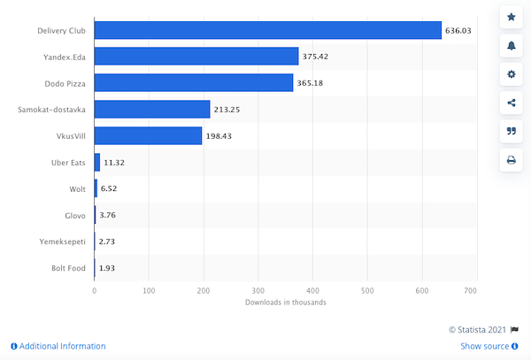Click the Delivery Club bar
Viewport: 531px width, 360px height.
click(x=267, y=30)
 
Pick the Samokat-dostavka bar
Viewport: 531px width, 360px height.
click(x=152, y=110)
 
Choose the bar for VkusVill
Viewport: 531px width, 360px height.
click(x=148, y=136)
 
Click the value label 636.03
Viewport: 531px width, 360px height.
click(x=458, y=30)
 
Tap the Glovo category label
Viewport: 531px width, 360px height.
click(x=73, y=216)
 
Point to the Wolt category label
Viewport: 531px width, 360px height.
click(x=76, y=189)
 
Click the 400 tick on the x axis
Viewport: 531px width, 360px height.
click(x=313, y=290)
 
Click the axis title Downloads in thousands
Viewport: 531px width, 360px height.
click(x=285, y=303)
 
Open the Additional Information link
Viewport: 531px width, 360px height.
click(x=58, y=346)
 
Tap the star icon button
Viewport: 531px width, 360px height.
click(x=512, y=17)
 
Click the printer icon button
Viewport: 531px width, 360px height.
click(x=512, y=160)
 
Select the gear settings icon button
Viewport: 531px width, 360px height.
click(x=512, y=73)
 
